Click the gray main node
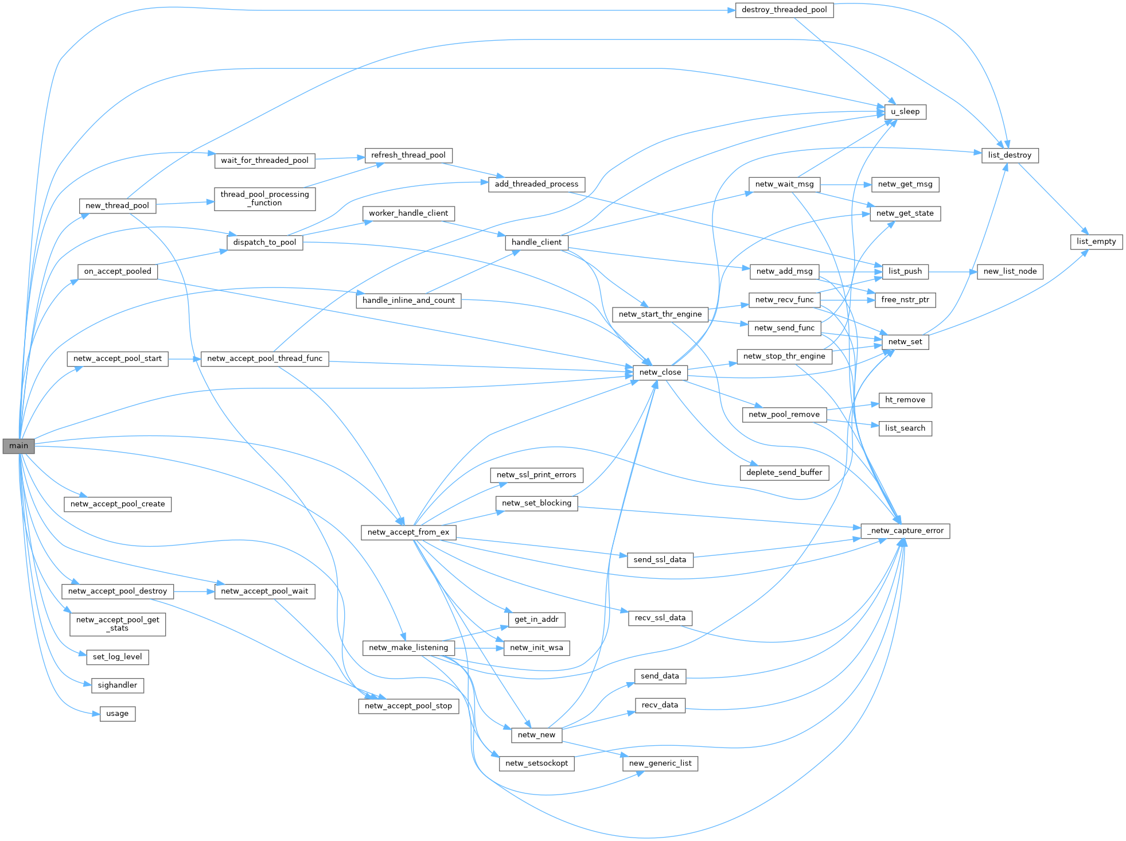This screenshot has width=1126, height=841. click(18, 446)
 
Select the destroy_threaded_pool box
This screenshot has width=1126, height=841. click(784, 10)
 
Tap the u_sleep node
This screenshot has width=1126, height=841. click(905, 111)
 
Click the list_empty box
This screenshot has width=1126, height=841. click(1096, 242)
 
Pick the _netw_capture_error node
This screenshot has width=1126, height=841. click(905, 531)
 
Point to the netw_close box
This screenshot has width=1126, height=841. click(660, 372)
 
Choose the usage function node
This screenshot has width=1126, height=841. click(118, 714)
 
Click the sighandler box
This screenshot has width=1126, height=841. click(118, 685)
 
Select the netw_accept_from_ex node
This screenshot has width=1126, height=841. click(408, 532)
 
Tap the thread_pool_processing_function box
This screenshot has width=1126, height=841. click(265, 198)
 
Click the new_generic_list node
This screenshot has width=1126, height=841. click(660, 764)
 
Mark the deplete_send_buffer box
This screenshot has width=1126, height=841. click(784, 473)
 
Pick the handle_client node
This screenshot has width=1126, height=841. click(536, 242)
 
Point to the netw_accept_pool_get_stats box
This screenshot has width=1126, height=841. click(118, 624)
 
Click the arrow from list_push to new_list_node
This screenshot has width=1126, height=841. click(952, 271)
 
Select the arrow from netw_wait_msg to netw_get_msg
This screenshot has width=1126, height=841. click(846, 185)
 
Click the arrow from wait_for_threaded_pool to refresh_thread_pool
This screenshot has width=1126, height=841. click(340, 158)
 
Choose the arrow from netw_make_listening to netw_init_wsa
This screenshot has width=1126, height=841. click(479, 648)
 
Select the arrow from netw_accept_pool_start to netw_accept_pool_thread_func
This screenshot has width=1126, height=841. click(185, 359)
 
